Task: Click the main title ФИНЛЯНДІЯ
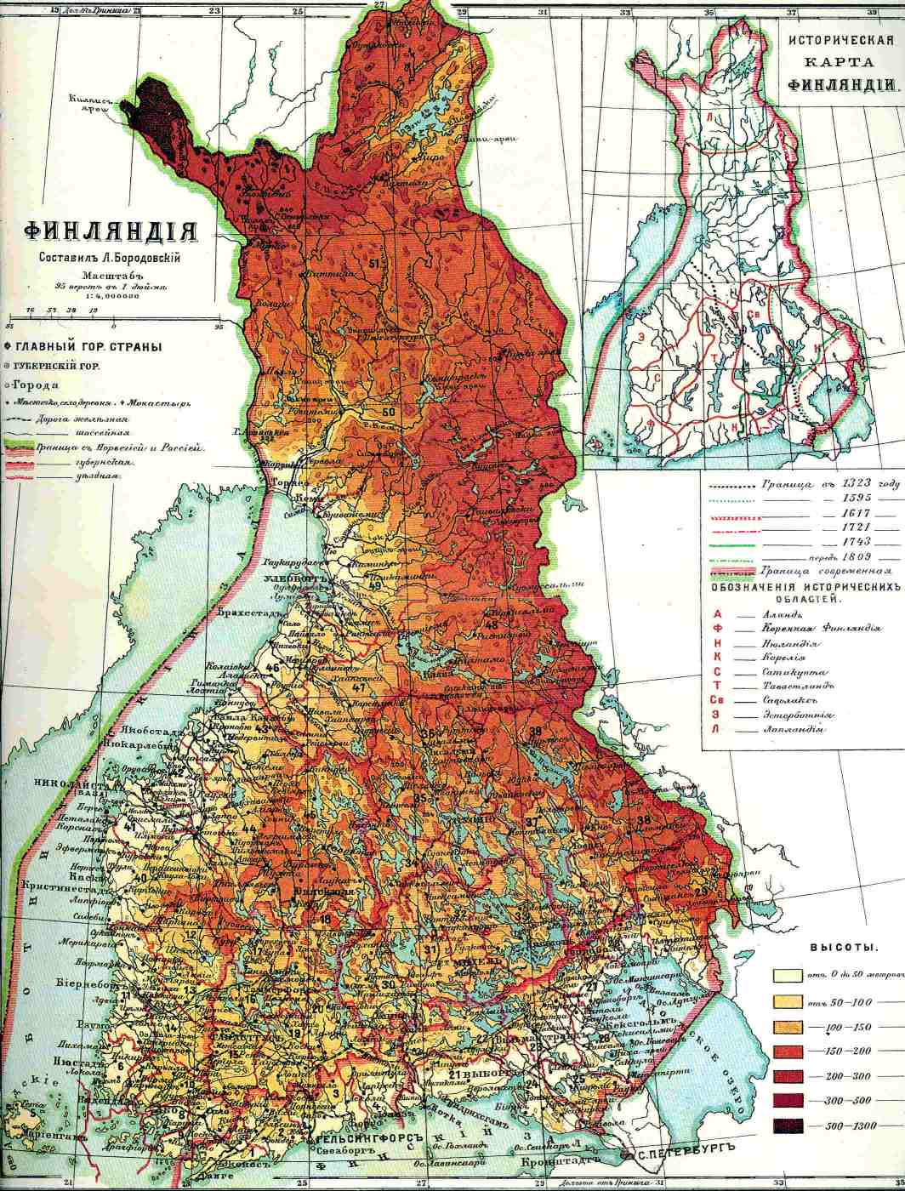111,232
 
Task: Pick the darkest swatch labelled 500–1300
788,1125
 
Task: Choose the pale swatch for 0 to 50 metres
788,976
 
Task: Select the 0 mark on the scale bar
113,325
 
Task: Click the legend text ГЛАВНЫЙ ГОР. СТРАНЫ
88,347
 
